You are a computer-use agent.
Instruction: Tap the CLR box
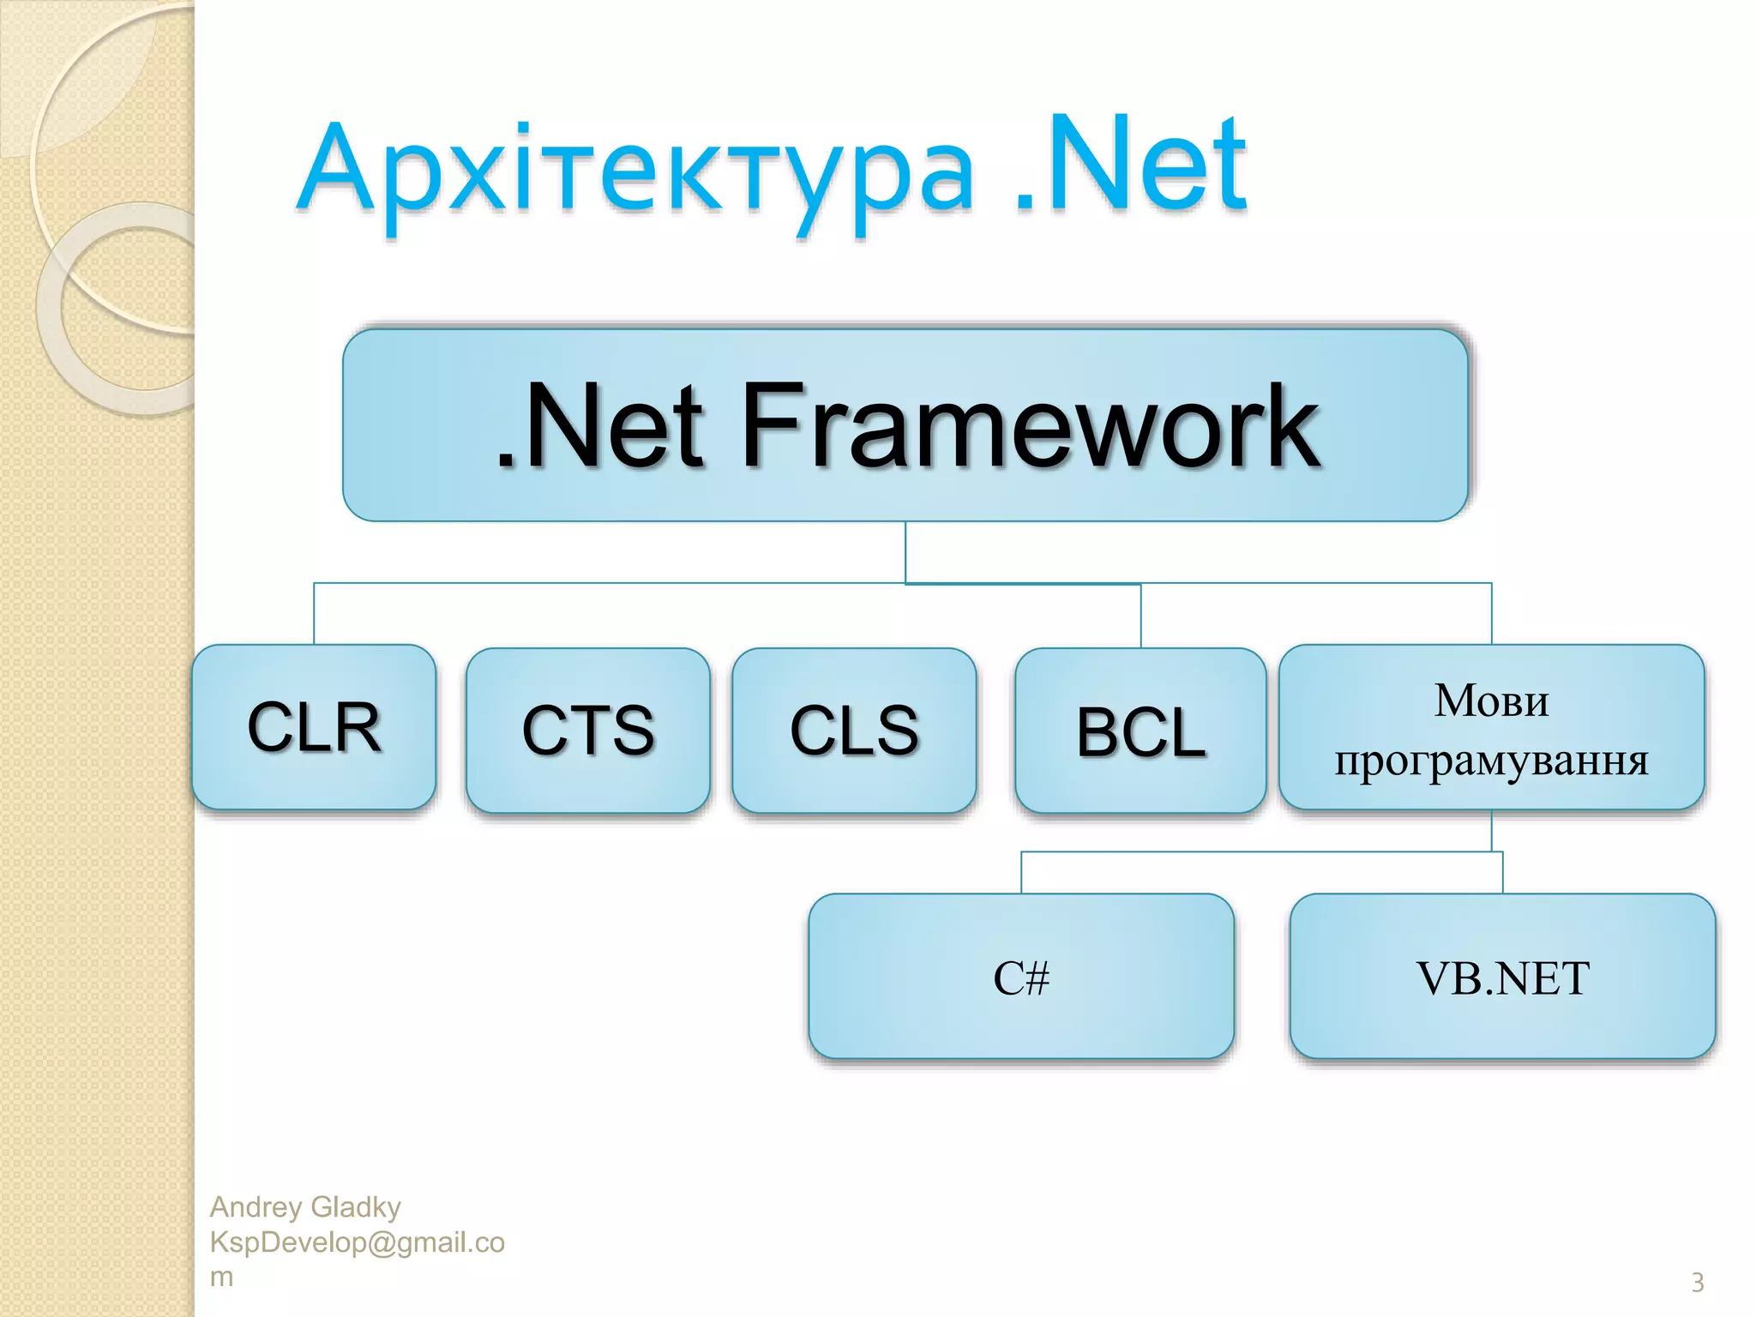314,727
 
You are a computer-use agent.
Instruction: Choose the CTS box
588,731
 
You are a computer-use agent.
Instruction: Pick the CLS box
854,731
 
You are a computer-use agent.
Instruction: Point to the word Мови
1491,701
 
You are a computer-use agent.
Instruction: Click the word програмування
1491,760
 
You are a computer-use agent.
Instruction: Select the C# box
1020,977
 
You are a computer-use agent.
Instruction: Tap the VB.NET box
1502,977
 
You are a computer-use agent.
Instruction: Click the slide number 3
1697,1283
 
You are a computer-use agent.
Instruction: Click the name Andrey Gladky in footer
305,1207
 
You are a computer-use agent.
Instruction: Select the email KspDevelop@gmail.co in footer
357,1242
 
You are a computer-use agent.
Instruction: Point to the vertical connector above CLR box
314,614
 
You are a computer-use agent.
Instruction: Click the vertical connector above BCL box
1140,616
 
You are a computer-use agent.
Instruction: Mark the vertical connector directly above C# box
1021,873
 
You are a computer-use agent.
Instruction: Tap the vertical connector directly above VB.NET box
1502,873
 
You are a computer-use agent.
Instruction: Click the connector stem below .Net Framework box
905,552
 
